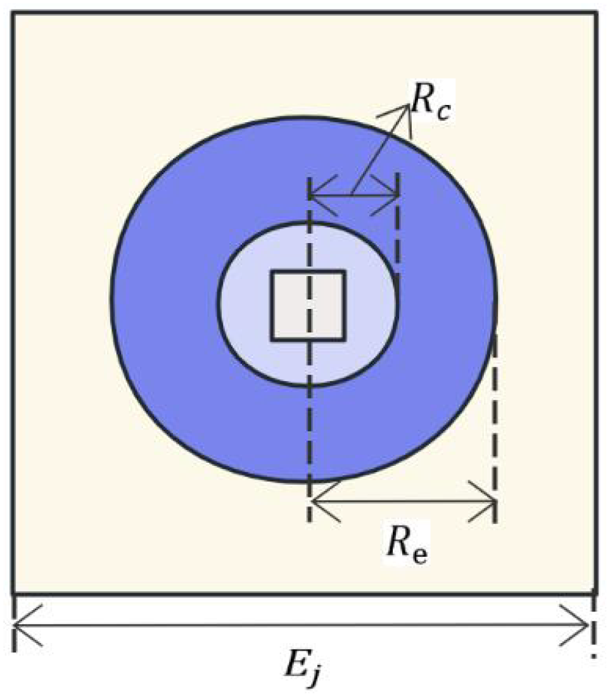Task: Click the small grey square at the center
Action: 308,305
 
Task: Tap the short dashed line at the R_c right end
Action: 397,228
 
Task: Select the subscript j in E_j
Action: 319,676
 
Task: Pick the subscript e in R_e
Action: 420,552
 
